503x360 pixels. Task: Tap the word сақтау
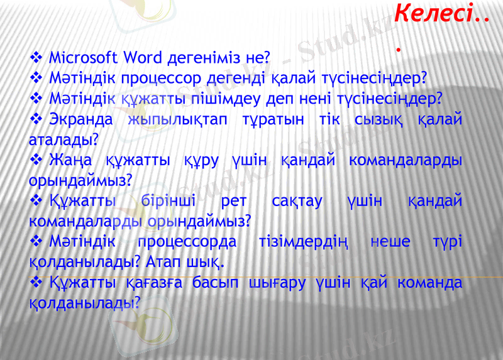297,201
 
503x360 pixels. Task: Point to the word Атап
165,261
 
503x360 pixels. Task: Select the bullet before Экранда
36,119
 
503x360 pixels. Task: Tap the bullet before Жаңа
36,160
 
